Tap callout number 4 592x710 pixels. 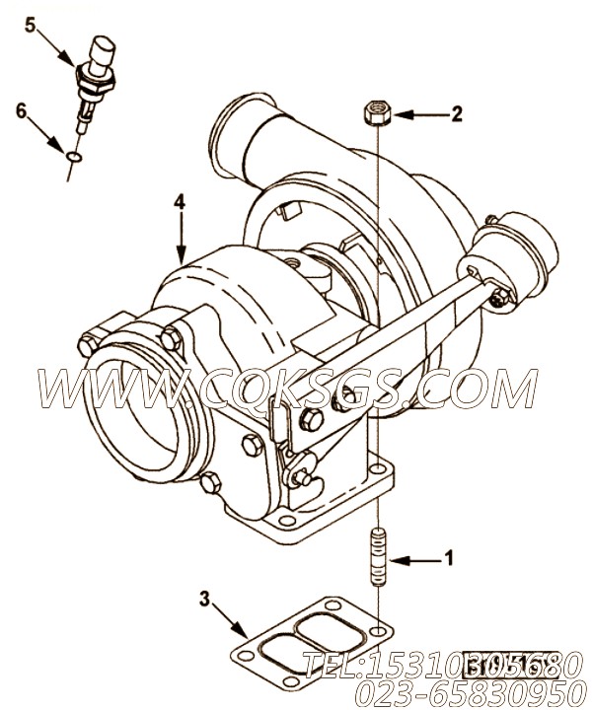(179, 202)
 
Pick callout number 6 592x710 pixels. (21, 110)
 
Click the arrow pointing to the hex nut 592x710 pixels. (419, 115)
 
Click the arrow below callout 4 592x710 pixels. (180, 237)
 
